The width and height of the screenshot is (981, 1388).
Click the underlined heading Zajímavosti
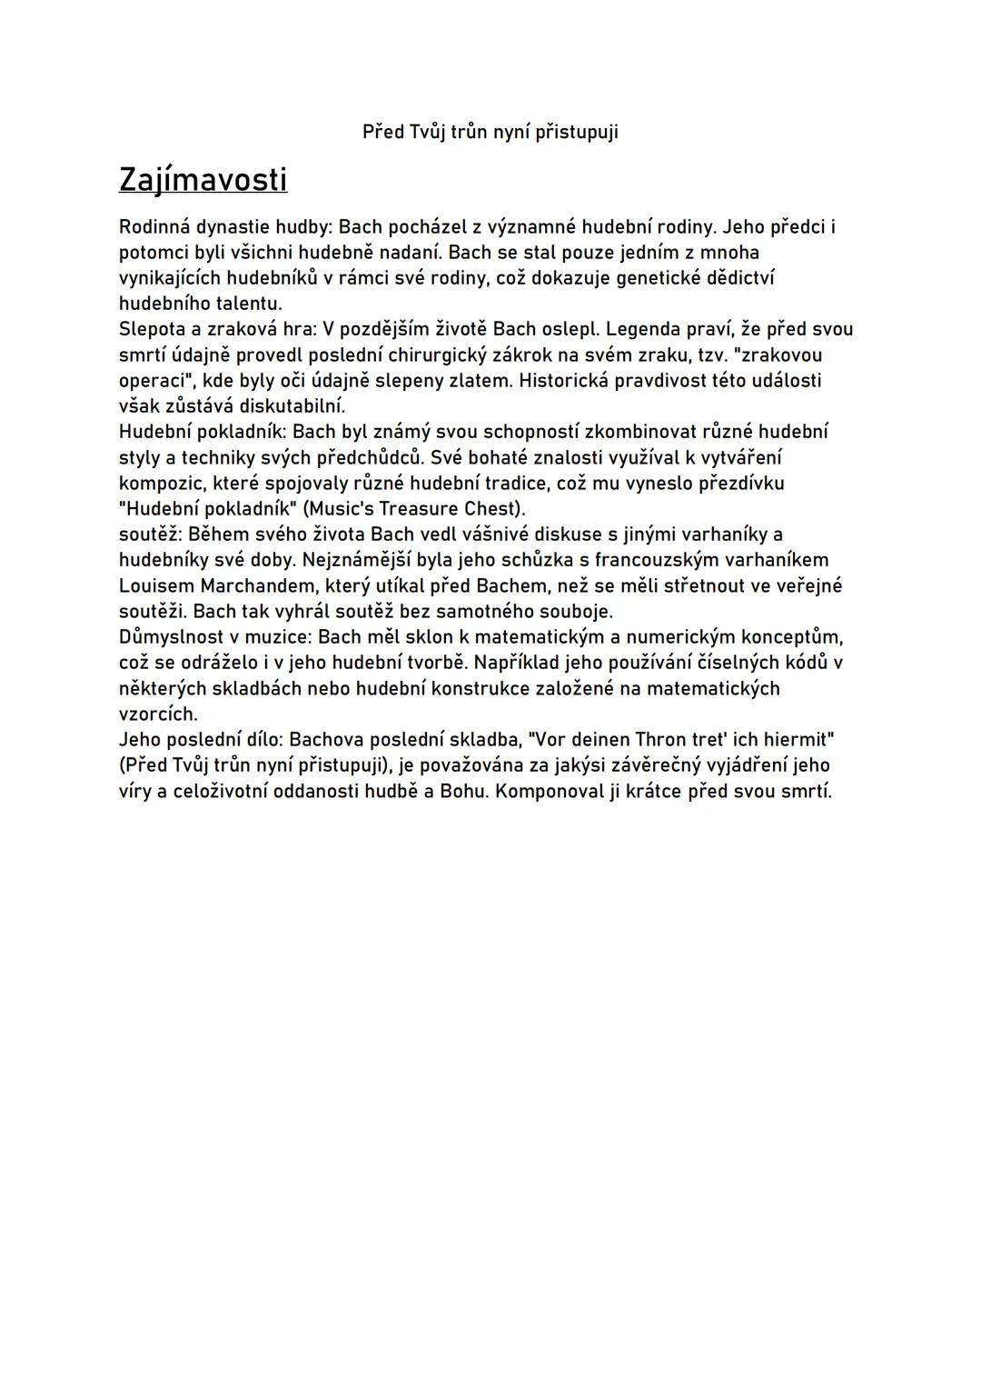pyautogui.click(x=203, y=180)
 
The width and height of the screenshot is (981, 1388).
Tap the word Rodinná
pyautogui.click(x=154, y=226)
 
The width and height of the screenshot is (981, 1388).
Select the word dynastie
pyautogui.click(x=233, y=226)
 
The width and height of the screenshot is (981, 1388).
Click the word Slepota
pyautogui.click(x=151, y=329)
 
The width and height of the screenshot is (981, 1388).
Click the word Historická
pyautogui.click(x=563, y=380)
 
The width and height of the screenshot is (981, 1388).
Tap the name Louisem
pyautogui.click(x=156, y=585)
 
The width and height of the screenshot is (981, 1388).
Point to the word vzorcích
pyautogui.click(x=157, y=714)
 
